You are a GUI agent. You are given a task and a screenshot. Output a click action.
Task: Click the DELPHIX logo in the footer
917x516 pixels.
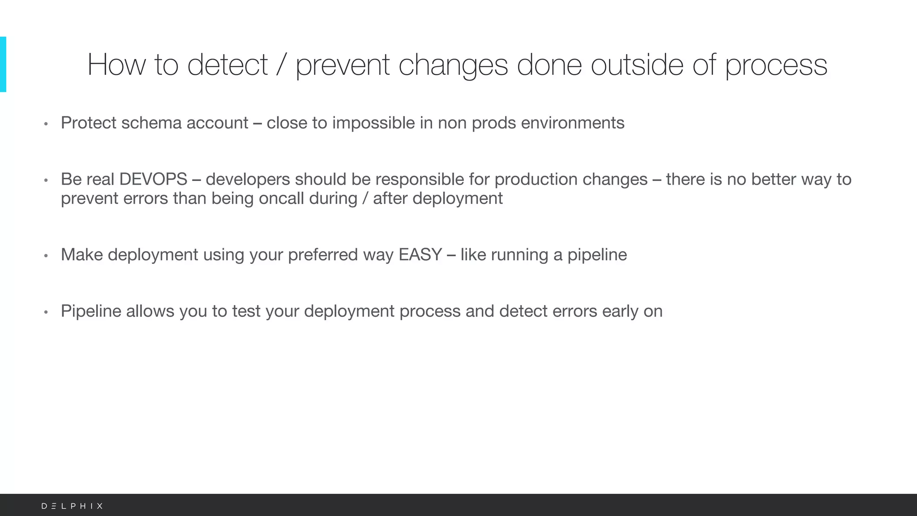72,506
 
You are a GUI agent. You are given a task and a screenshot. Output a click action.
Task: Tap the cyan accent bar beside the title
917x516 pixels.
3,64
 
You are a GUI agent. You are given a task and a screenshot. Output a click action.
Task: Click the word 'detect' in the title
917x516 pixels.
227,65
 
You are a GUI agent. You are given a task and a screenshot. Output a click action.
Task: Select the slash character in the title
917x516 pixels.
281,65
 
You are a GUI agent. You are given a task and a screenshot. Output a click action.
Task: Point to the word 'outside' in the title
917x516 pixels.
637,65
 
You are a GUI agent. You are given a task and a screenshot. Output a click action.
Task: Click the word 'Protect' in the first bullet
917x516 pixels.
88,123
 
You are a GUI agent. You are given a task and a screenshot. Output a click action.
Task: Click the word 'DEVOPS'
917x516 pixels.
153,179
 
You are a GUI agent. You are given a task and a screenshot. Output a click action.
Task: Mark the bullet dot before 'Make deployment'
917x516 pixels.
46,256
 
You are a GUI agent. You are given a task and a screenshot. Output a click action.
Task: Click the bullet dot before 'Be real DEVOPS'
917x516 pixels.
46,181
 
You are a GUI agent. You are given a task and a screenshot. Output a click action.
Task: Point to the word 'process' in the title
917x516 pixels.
776,65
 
